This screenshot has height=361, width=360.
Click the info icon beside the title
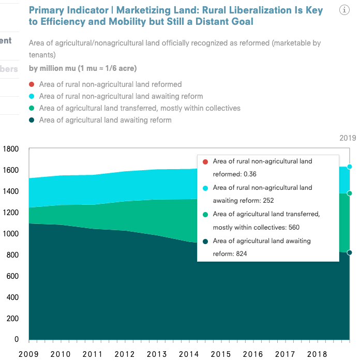point(344,10)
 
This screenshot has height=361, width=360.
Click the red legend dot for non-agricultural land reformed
point(32,84)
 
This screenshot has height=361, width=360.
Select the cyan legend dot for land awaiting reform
point(32,96)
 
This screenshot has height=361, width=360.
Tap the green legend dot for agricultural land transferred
point(32,108)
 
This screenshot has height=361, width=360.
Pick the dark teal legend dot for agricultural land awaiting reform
point(32,120)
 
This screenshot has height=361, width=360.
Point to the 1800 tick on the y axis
point(10,149)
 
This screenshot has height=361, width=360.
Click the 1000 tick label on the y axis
point(10,234)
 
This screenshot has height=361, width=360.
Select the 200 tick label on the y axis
point(11,319)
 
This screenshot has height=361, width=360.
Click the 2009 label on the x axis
point(28,354)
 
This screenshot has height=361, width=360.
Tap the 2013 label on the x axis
point(157,354)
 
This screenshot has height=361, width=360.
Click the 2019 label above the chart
point(348,138)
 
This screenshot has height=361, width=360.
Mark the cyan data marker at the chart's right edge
point(350,167)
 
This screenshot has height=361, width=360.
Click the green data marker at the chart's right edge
point(350,193)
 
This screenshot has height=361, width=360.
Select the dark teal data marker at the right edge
point(350,252)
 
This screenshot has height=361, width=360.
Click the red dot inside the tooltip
point(205,161)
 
